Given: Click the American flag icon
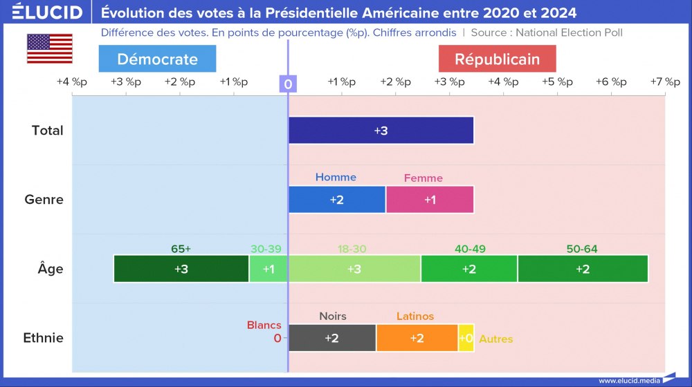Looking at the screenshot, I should click(50, 48).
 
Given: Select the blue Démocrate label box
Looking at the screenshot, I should click(157, 59).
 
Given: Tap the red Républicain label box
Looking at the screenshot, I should click(497, 59).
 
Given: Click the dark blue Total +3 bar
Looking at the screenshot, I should click(381, 131).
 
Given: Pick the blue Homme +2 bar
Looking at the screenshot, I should click(337, 200).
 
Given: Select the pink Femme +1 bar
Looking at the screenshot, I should click(430, 200).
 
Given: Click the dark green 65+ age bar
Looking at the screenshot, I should click(181, 269).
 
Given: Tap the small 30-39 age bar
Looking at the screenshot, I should click(268, 269).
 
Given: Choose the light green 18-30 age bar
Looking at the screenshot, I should click(354, 269).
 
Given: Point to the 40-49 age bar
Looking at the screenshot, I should click(468, 269).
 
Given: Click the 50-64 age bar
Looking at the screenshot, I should click(583, 269).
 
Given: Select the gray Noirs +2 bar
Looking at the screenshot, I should click(332, 338).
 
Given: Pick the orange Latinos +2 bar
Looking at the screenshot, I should click(417, 338).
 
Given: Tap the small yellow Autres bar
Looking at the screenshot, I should click(466, 338).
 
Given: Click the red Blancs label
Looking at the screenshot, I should click(264, 325).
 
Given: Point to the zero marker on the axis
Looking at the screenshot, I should click(288, 84).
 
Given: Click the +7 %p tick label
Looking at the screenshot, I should click(664, 82).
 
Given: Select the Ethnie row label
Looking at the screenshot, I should click(43, 338).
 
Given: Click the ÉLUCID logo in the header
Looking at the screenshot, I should click(47, 12).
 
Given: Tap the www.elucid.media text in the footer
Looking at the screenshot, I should click(629, 380).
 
